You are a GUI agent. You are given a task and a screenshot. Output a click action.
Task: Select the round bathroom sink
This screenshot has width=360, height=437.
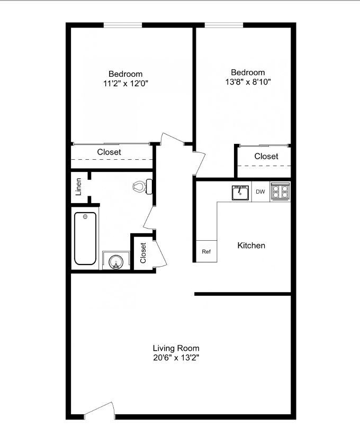(x=116, y=261)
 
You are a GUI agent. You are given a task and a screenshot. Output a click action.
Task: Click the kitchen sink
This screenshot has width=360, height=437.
(x=240, y=193)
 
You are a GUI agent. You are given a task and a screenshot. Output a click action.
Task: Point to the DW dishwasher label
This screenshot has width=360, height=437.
(x=260, y=192)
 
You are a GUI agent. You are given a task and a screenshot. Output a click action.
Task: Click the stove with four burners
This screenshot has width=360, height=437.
(x=280, y=191)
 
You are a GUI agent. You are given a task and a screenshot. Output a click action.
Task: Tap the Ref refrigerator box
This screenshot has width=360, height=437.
(x=206, y=252)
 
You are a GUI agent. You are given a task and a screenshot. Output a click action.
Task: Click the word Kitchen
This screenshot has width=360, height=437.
(x=251, y=245)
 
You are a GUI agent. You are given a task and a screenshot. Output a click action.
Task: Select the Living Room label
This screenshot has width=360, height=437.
(x=176, y=348)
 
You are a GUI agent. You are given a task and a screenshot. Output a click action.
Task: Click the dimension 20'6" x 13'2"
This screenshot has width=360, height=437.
(x=176, y=358)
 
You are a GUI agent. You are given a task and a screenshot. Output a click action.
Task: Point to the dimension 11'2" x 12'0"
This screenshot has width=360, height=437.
(x=125, y=83)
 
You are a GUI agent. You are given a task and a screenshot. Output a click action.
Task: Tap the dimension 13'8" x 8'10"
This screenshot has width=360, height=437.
(x=248, y=82)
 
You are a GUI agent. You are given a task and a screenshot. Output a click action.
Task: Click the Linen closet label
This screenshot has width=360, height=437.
(x=79, y=186)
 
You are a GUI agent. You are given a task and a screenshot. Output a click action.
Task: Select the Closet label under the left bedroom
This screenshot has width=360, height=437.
(x=109, y=152)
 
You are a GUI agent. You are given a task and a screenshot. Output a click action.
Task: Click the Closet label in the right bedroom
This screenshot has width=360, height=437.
(x=266, y=156)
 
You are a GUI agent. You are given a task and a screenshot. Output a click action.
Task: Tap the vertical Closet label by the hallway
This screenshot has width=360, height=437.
(x=143, y=253)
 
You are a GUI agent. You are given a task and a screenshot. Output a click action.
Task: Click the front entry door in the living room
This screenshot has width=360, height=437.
(x=100, y=411)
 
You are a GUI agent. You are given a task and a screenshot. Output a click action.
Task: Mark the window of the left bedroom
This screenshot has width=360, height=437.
(x=123, y=25)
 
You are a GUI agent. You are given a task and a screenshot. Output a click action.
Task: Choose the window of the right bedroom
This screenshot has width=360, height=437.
(x=224, y=25)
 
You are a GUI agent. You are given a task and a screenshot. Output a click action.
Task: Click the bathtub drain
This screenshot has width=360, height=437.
(x=85, y=217)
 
